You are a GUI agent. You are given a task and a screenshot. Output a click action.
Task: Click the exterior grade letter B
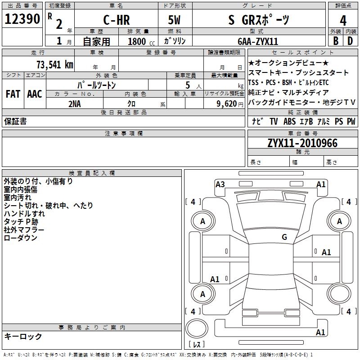coord(335,40)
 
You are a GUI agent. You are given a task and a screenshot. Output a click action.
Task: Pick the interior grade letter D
coord(350,40)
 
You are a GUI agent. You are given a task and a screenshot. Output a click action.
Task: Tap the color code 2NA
coord(75,103)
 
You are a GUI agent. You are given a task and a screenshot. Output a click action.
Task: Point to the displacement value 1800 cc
coord(140,41)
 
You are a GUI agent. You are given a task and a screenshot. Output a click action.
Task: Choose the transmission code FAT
coord(13,94)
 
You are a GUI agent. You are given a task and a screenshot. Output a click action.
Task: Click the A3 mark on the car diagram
coord(220,184)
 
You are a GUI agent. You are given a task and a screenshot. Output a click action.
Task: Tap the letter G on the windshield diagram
coord(284,237)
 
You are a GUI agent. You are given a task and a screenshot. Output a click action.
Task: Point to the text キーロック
coord(23,337)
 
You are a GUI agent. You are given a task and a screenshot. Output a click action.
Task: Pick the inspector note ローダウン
coord(20,238)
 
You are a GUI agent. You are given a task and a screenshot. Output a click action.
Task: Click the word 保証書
coord(15,121)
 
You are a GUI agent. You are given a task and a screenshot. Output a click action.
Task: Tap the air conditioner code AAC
coord(35,94)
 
